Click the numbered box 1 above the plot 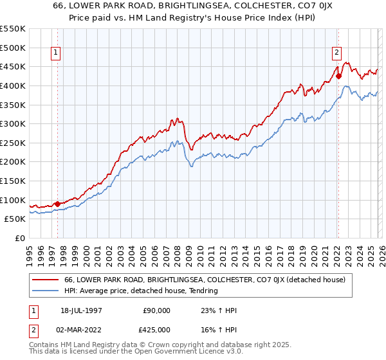click(57, 53)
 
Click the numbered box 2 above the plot click(336, 53)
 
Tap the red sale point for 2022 click(338, 76)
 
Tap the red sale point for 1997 click(58, 204)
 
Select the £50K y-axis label click(15, 219)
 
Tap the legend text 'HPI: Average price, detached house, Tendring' click(141, 291)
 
